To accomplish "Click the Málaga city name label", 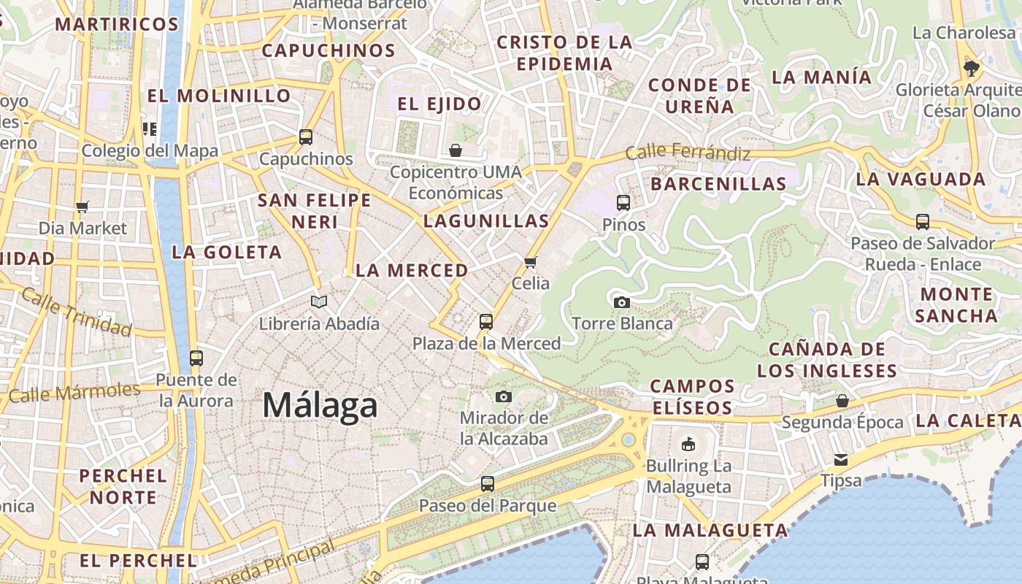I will pos(320,405).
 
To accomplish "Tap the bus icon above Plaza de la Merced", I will pos(486,321).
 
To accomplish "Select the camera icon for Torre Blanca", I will pos(622,302).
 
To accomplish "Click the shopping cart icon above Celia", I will pos(531,262).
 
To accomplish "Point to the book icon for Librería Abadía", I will pos(319,301).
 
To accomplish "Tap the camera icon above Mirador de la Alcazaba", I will pos(503,396).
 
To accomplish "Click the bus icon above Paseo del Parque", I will pos(488,483).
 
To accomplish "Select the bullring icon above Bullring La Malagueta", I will pos(688,444).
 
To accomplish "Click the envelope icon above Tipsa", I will pos(841,460).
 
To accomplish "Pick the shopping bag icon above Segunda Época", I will pos(842,401).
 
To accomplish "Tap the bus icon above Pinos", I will pos(623,203).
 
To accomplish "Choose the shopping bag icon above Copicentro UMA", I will pos(456,150).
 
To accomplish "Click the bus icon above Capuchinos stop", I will pos(306,137).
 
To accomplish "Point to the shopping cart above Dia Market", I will pos(82,207).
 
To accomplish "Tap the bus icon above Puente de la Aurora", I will pos(196,358).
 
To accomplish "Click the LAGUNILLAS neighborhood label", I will pos(486,220).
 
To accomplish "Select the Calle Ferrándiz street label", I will pos(688,153).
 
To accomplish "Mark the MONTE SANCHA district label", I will pos(956,304).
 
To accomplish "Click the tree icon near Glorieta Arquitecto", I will pos(971,69).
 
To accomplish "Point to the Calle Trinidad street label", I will pos(77,312).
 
